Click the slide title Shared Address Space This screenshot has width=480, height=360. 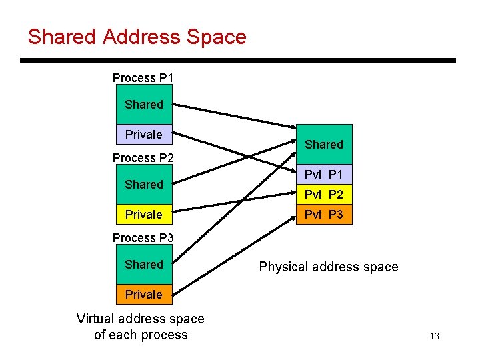click(137, 37)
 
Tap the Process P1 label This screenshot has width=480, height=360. click(143, 78)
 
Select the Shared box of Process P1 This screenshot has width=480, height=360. click(143, 105)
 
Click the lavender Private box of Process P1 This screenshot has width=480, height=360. click(143, 134)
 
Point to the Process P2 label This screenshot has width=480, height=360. click(143, 158)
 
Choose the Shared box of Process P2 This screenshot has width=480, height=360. click(143, 185)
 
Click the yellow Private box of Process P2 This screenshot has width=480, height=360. click(143, 214)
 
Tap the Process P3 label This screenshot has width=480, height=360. click(143, 238)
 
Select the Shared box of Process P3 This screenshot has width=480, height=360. click(143, 265)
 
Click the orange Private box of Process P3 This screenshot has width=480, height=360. click(143, 294)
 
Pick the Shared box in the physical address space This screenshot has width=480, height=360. click(324, 145)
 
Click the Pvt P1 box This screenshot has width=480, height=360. click(324, 175)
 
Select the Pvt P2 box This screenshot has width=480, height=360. click(324, 195)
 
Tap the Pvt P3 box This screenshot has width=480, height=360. click(324, 215)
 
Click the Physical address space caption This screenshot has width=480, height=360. click(328, 267)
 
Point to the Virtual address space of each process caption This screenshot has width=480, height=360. click(141, 327)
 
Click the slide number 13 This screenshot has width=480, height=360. click(434, 337)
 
